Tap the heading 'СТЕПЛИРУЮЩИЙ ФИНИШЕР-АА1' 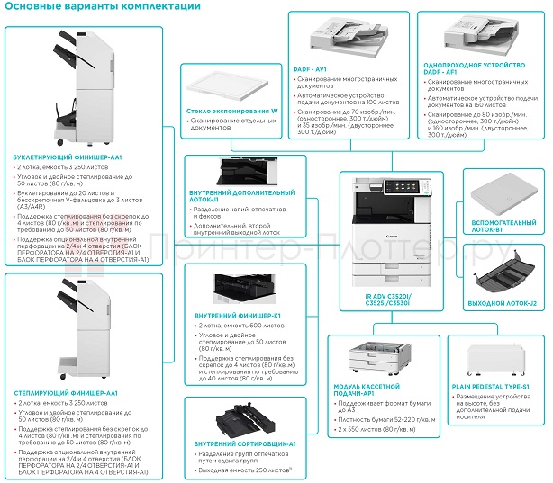(66, 393)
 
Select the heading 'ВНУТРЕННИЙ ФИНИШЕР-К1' (239, 316)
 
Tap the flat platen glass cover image (227, 85)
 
